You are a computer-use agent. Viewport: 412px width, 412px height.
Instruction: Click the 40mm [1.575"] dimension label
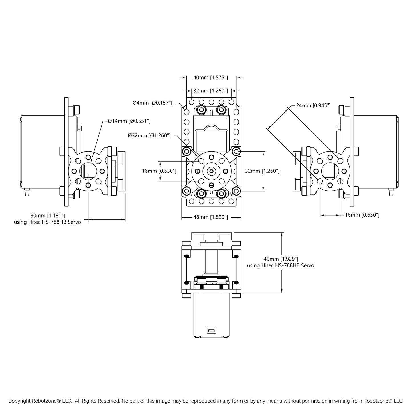(210, 77)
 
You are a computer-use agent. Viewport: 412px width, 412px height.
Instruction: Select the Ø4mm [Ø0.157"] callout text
(152, 103)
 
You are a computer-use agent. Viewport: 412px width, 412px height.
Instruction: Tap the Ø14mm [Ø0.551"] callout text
(129, 121)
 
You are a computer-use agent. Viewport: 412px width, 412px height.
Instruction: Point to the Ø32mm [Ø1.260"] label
(149, 135)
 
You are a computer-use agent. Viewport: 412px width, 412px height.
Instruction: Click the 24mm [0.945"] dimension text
(313, 105)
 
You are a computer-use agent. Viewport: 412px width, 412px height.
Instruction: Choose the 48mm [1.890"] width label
(210, 217)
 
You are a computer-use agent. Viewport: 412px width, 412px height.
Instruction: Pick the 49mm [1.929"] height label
(281, 259)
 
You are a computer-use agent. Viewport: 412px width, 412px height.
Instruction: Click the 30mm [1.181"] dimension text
(48, 215)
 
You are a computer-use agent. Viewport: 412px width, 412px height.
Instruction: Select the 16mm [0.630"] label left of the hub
(159, 171)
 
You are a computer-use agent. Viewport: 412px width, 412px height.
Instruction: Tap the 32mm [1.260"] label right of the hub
(262, 171)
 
